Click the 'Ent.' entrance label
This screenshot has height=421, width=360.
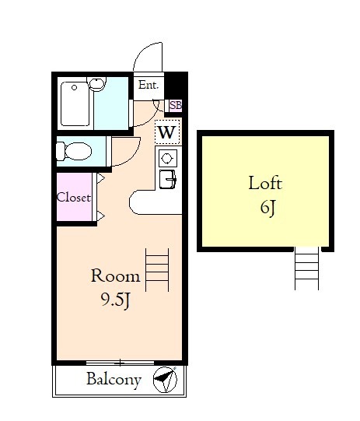coord(149,86)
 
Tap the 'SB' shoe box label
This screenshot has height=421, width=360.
coord(176,105)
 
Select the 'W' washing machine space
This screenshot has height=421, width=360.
coord(167,132)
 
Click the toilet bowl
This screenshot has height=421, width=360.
coord(74,151)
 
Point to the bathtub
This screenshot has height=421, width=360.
coord(75,104)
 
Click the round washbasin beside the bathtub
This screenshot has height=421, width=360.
coord(97,83)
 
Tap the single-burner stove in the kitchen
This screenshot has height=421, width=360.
coord(168,158)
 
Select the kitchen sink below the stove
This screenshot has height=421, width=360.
coord(168,179)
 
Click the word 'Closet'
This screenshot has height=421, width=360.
coord(74,198)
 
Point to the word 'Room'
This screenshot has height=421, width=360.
coord(116,275)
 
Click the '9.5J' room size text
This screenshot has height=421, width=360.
coord(116,300)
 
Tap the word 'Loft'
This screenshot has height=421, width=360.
coord(265,183)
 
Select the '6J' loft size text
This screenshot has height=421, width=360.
coord(267,208)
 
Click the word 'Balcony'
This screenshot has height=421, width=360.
coord(114,380)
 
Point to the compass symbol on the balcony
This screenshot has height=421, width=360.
coord(166,380)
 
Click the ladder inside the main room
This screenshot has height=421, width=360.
coord(157,270)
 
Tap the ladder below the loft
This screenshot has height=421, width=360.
coord(307,268)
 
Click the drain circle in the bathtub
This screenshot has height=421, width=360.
coord(75,87)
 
